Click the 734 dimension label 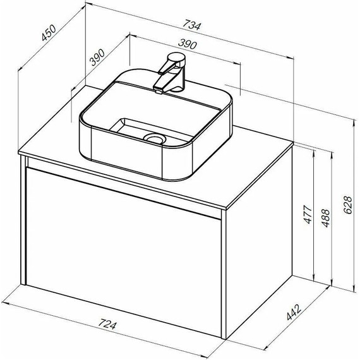point(191,26)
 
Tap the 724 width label point(108,326)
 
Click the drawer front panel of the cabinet point(123,246)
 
